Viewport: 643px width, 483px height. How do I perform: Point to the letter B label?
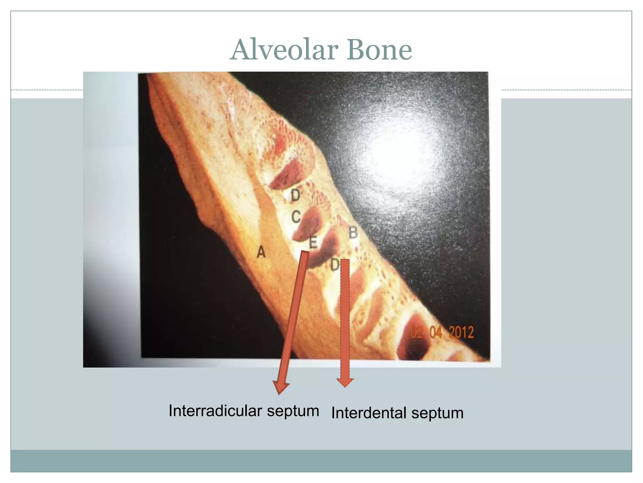pyautogui.click(x=353, y=233)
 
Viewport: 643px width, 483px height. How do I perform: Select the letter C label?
pyautogui.click(x=296, y=217)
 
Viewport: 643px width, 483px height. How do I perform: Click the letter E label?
pyautogui.click(x=313, y=242)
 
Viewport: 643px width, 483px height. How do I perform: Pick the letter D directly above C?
pyautogui.click(x=295, y=196)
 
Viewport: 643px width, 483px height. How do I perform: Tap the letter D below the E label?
pyautogui.click(x=335, y=265)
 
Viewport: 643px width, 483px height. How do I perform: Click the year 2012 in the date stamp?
pyautogui.click(x=461, y=332)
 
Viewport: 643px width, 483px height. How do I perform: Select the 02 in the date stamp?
pyautogui.click(x=417, y=332)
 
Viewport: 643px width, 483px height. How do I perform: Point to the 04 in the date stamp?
pyautogui.click(x=436, y=332)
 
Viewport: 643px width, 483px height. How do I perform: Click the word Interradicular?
pyautogui.click(x=215, y=411)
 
